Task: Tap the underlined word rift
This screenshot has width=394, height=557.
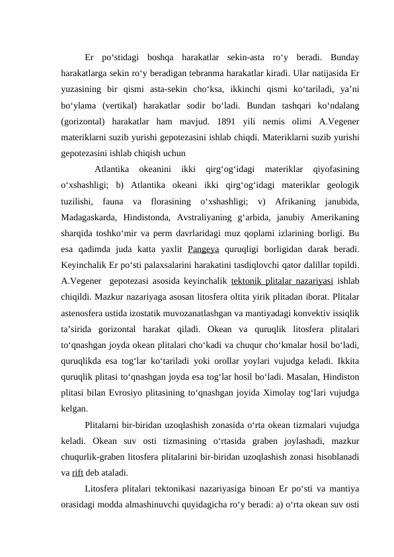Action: (x=77, y=473)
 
